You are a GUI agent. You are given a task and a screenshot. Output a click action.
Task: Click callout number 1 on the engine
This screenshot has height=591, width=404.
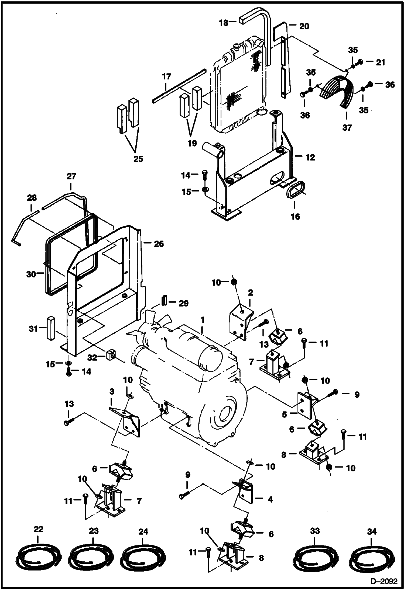tap(203, 320)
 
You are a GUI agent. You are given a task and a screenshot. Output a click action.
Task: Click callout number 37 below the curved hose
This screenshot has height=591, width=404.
tap(347, 127)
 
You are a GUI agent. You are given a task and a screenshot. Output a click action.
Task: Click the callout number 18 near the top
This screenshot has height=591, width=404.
tap(224, 23)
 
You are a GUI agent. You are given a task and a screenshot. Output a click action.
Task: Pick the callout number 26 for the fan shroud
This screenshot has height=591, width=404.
tap(159, 244)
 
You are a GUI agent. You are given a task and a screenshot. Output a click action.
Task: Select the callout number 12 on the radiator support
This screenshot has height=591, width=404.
tap(310, 157)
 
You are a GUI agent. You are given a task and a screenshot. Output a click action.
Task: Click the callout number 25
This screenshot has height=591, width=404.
tap(138, 159)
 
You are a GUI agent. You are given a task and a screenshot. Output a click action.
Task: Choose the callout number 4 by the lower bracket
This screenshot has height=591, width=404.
tap(270, 499)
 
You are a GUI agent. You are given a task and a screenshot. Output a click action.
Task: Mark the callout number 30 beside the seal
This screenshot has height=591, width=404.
tap(31, 274)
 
